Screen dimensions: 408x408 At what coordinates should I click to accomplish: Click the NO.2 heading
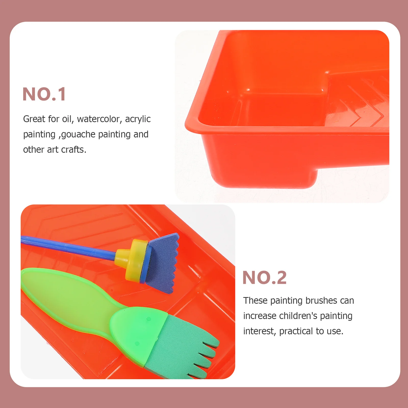tap(264, 278)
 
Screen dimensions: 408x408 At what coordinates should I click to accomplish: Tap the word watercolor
tap(98, 119)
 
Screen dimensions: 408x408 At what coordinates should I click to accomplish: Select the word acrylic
tap(138, 119)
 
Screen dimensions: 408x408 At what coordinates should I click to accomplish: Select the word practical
tap(296, 331)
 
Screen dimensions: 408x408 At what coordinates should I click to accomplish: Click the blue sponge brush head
tap(163, 263)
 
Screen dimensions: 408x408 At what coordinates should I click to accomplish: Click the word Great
tap(34, 119)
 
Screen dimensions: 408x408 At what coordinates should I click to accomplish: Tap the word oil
tap(67, 119)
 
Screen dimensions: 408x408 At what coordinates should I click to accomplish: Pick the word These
tap(255, 301)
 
